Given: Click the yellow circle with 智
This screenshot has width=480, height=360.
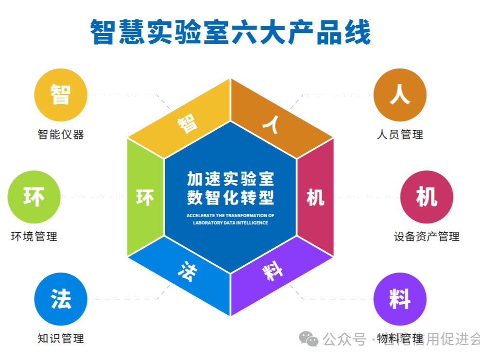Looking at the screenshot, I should [61, 95].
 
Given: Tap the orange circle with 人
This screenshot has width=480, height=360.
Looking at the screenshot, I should [399, 95].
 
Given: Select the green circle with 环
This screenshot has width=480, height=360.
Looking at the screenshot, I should [34, 197].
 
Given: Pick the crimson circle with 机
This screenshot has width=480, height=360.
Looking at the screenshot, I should [427, 197].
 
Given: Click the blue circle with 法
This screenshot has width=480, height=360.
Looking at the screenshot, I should [61, 299].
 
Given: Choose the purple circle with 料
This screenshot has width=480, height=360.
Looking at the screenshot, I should [399, 299].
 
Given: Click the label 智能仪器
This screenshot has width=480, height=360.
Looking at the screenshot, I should [61, 135].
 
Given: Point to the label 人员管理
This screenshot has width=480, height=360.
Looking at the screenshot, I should [400, 135].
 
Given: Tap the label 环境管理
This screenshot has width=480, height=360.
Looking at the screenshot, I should [34, 237].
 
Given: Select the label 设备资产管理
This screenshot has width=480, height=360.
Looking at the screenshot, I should [427, 237].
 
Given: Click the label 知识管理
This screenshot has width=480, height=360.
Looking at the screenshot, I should [61, 339].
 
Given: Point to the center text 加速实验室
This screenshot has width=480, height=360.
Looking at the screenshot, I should [230, 179].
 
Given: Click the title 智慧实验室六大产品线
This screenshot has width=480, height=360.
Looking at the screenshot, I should [230, 32].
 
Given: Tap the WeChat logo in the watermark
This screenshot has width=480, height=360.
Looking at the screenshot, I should [309, 339].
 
